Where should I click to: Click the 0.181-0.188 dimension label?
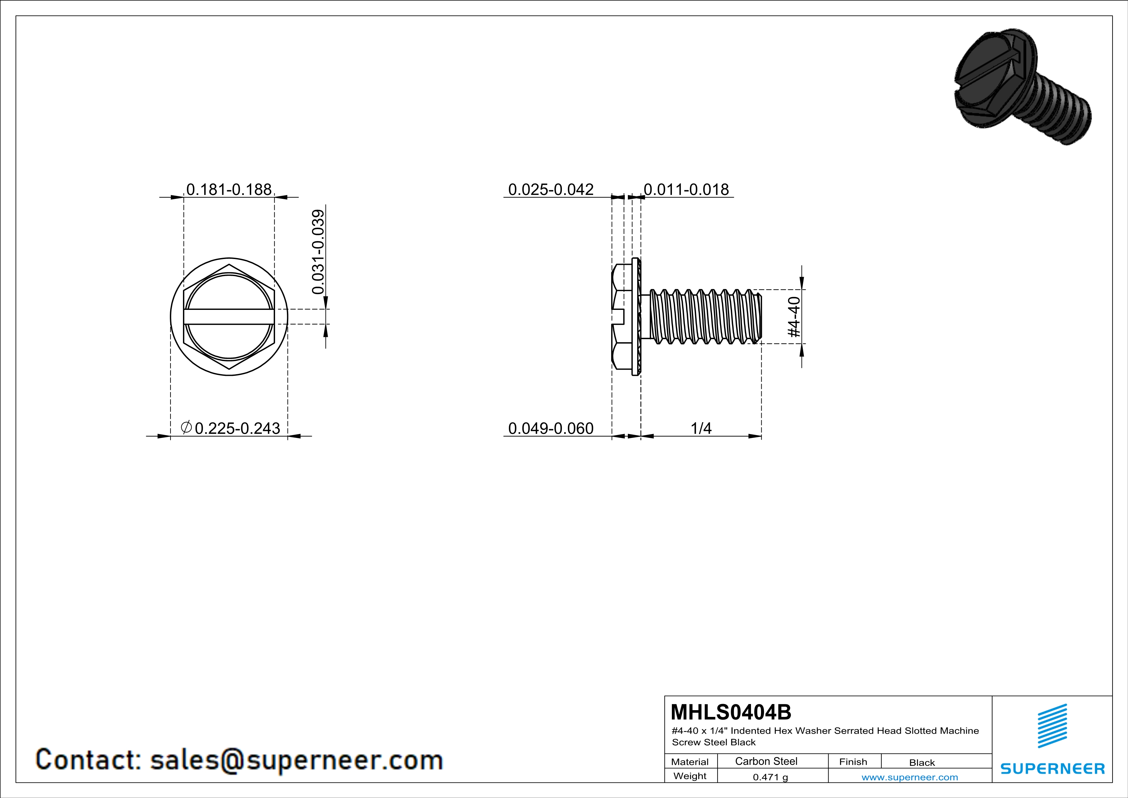click(x=229, y=189)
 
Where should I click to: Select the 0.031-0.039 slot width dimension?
click(x=318, y=252)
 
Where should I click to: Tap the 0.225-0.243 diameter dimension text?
click(x=237, y=429)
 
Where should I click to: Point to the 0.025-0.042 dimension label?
click(x=551, y=189)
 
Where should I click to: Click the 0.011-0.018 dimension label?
click(x=686, y=189)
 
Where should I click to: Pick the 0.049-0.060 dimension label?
click(x=551, y=429)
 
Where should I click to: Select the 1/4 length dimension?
click(x=701, y=429)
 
